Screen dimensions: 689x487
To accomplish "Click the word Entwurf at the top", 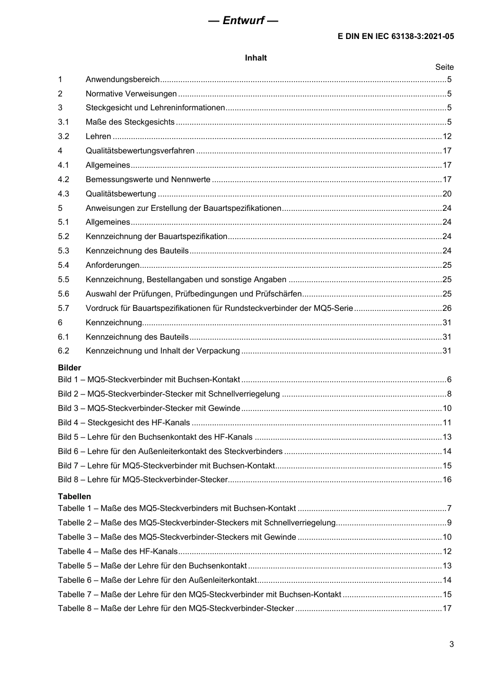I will (243, 21).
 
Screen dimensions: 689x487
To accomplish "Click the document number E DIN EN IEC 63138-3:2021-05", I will (395, 36).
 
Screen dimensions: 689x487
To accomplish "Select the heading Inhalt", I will (256, 58).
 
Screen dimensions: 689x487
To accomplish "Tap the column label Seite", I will (444, 67).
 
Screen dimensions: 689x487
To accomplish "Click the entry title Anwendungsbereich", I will (123, 80).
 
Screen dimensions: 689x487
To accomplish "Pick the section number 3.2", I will (64, 136).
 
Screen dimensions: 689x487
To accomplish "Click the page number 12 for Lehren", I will (447, 136).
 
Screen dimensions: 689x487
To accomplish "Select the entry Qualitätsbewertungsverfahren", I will (140, 151).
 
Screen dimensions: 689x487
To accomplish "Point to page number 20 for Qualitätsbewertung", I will (447, 194).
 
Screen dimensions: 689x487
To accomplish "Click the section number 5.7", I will (64, 308).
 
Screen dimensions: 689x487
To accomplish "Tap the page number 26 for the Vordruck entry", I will (447, 308).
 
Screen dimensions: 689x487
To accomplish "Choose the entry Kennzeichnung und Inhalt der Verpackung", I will (163, 351).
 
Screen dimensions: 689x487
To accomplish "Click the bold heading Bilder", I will (69, 368).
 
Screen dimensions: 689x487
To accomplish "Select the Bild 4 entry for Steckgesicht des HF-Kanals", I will (124, 423).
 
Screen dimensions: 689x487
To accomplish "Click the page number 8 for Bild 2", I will (449, 394).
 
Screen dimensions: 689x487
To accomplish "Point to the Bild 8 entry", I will (143, 480).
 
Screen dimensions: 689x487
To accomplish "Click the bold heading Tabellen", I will (74, 497).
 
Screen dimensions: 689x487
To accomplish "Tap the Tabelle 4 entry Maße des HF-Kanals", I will (118, 552).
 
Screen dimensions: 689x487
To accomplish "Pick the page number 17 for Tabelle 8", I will (447, 608).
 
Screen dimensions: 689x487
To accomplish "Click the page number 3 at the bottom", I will (451, 644).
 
